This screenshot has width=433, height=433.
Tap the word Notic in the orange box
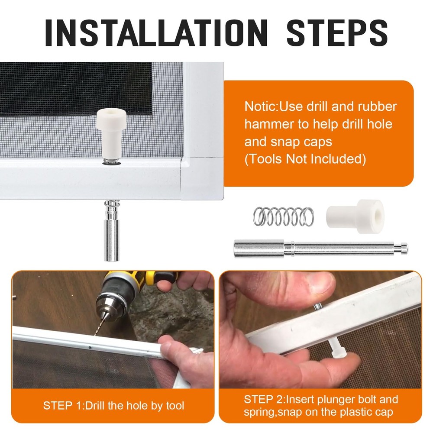[x=260, y=107]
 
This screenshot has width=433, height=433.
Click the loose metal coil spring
[x=283, y=216]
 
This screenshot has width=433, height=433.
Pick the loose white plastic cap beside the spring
[x=355, y=216]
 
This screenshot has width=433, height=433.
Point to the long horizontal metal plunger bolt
[x=320, y=249]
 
